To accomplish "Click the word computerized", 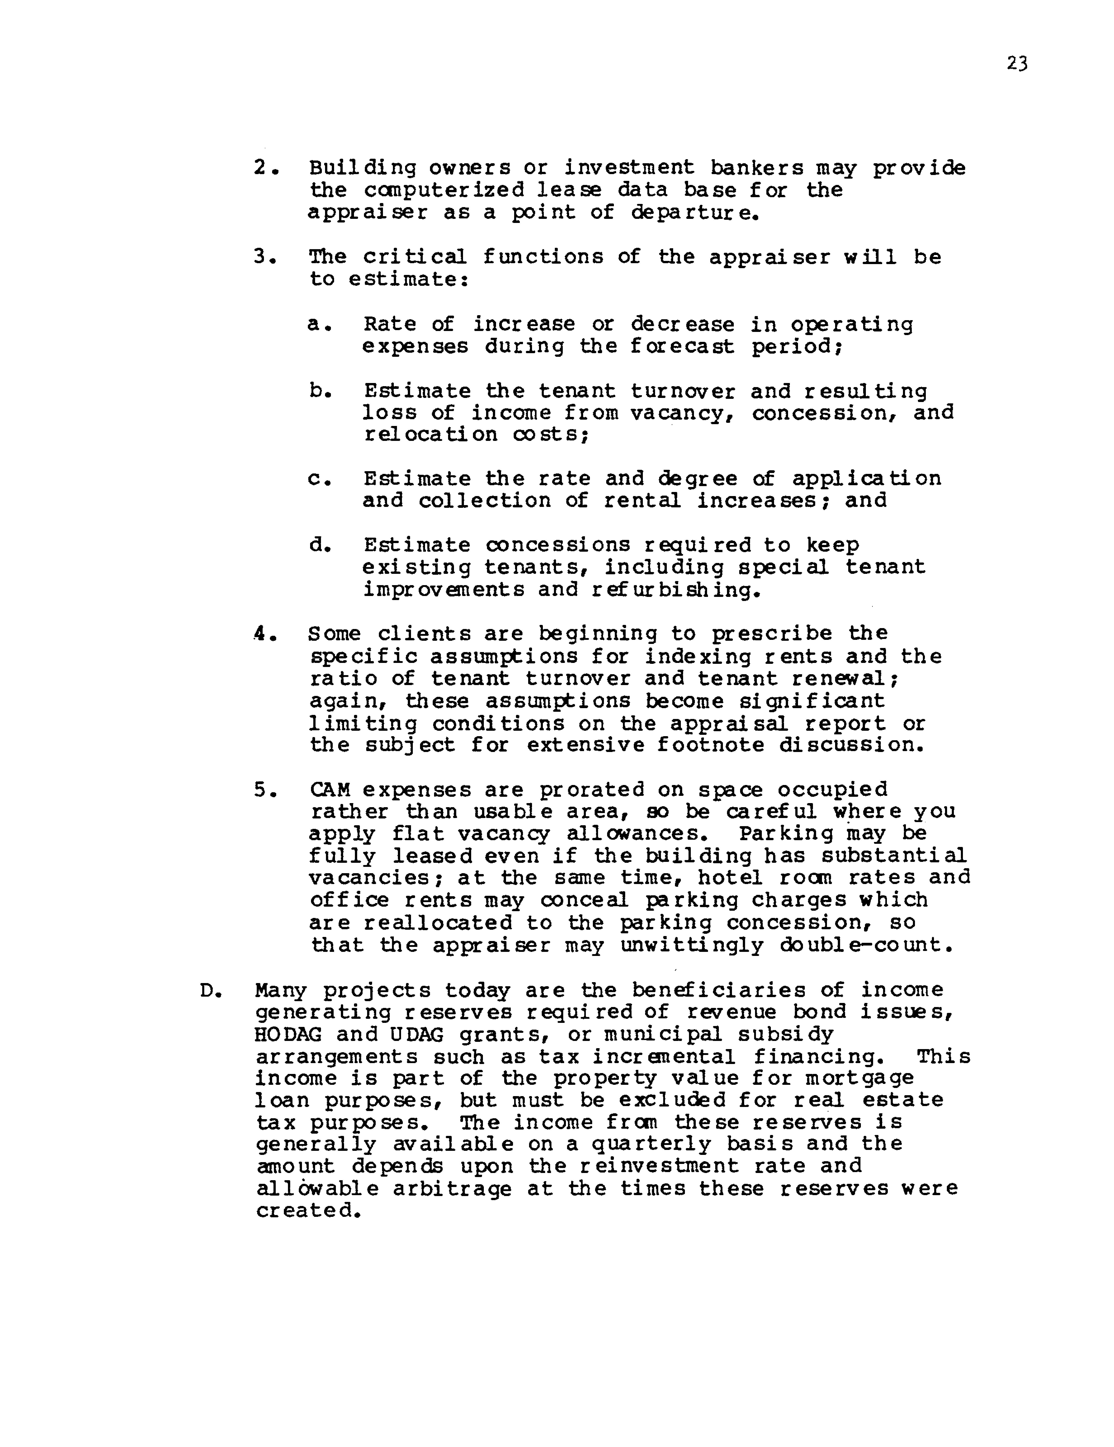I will click(443, 191).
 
